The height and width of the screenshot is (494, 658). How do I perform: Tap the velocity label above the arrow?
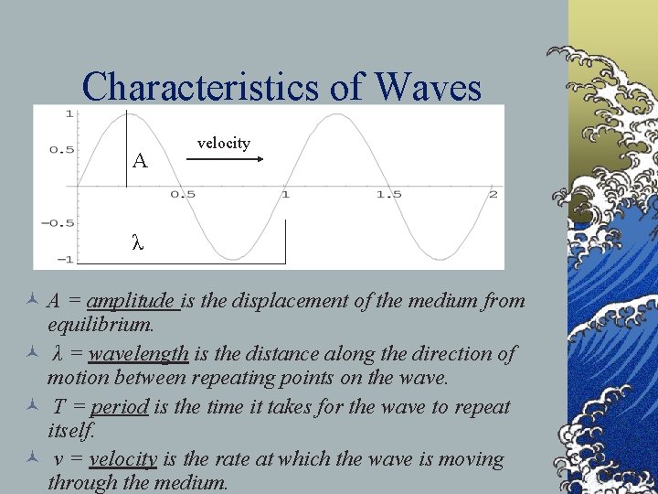[x=223, y=143]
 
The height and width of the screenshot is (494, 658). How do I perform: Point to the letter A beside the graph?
[x=139, y=162]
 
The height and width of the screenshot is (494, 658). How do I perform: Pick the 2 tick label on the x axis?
[x=493, y=195]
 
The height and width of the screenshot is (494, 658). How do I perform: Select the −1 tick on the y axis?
[x=66, y=259]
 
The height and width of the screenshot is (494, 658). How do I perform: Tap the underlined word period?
[x=119, y=406]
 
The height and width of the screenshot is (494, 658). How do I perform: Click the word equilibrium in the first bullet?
[x=101, y=325]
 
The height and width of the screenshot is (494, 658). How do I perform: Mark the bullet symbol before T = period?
[x=31, y=406]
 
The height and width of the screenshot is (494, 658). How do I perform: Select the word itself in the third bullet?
[x=70, y=429]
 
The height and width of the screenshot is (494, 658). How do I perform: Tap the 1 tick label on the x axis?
[x=285, y=195]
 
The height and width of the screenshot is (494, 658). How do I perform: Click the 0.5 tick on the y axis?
[x=62, y=149]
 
